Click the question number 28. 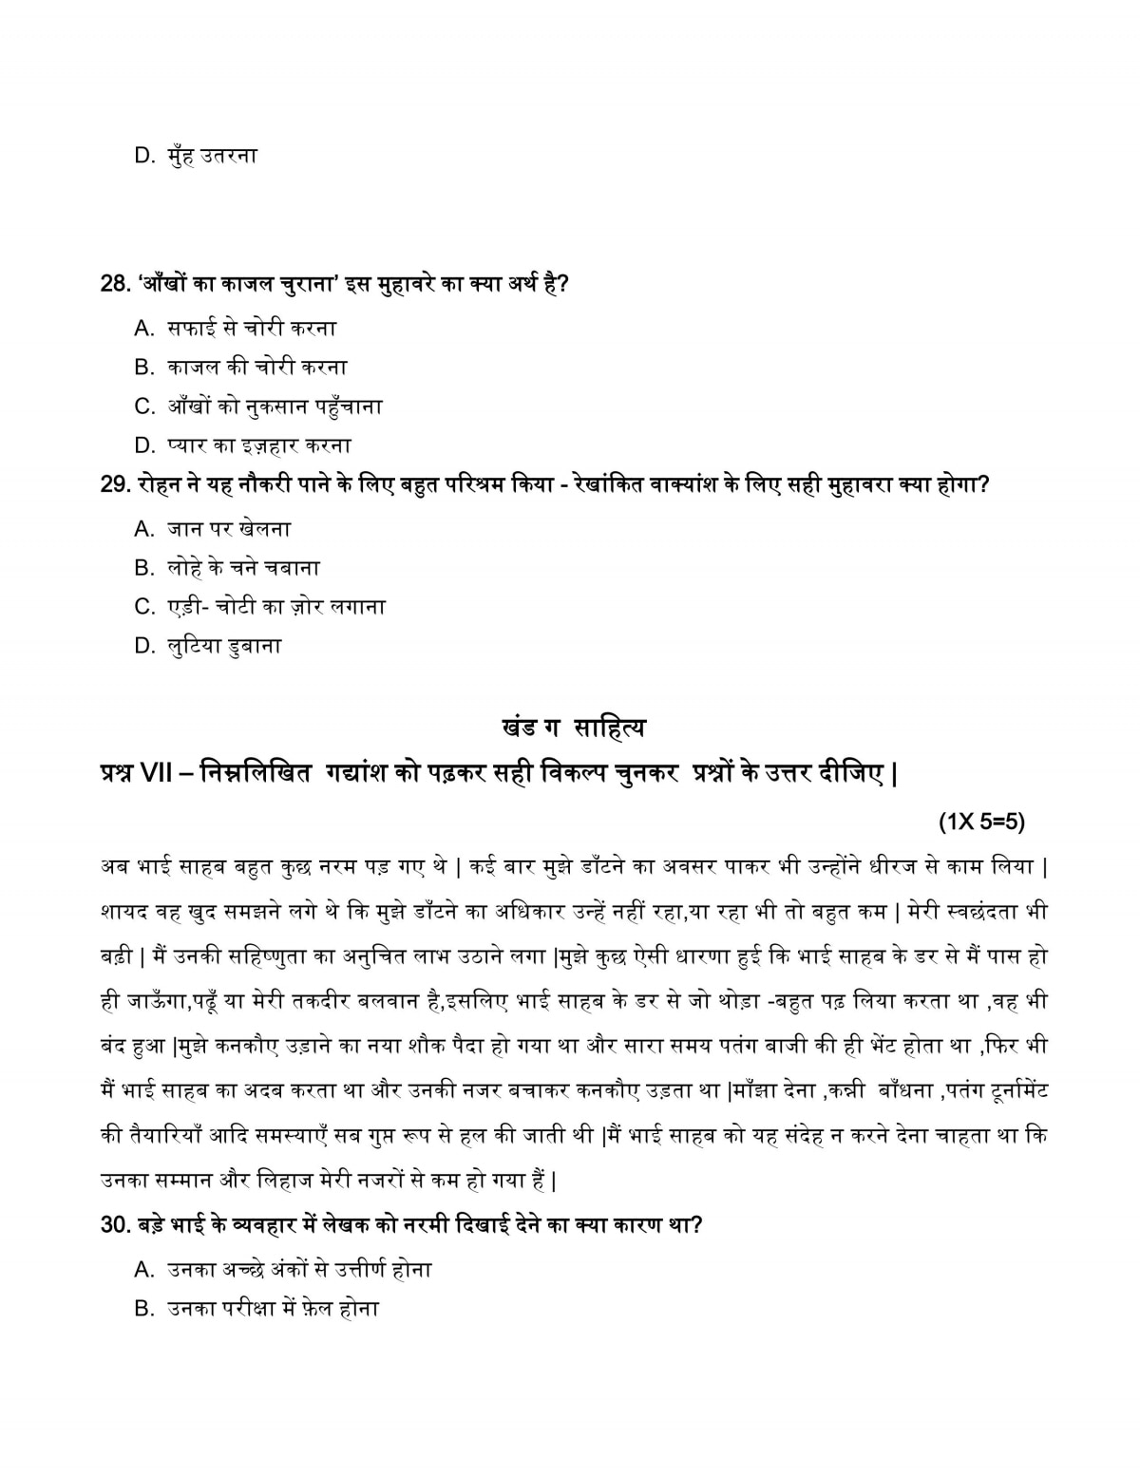coord(113,284)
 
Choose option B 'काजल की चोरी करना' coord(256,368)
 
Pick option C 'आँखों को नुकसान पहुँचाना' coord(275,407)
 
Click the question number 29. coord(113,484)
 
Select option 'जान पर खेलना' coord(228,529)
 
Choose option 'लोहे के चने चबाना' coord(243,568)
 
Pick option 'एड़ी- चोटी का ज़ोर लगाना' coord(275,607)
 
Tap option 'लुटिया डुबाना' coord(224,646)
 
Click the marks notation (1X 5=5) coord(981,823)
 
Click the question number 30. coord(113,1225)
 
